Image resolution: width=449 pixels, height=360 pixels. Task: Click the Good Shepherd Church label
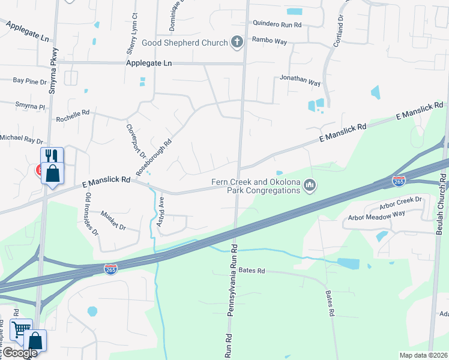point(184,43)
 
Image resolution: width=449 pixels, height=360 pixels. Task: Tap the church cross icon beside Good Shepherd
point(237,43)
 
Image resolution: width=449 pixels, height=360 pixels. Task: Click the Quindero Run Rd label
point(277,25)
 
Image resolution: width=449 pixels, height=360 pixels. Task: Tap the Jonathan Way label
point(300,79)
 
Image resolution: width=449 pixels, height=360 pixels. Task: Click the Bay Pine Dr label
point(29,80)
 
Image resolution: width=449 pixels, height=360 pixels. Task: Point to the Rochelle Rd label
point(73,113)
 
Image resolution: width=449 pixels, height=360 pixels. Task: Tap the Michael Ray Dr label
point(22,138)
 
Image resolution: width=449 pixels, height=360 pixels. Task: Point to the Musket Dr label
point(113,221)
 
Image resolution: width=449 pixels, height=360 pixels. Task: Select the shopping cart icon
point(22,328)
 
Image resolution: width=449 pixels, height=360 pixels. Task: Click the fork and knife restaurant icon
point(52,157)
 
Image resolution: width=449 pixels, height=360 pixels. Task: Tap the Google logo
point(19,353)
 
